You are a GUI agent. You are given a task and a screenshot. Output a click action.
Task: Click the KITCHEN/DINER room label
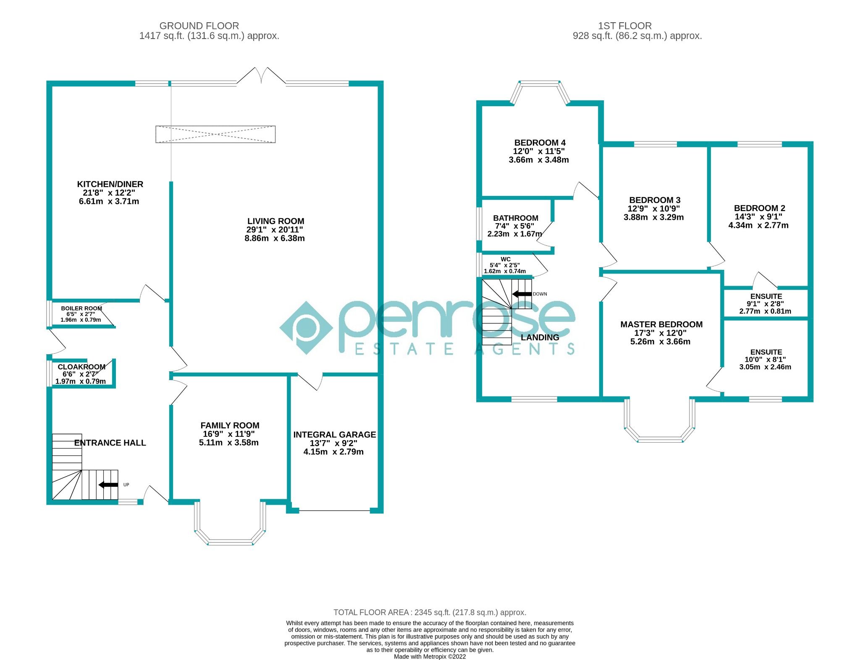110,184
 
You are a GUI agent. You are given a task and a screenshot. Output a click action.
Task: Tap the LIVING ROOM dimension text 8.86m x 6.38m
275,238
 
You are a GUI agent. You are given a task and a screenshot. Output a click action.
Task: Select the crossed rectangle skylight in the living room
215,134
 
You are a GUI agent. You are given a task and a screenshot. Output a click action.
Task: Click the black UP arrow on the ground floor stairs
108,485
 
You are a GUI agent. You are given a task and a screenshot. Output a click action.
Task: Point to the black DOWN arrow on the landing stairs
522,294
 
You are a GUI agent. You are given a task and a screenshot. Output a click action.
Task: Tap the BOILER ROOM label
81,308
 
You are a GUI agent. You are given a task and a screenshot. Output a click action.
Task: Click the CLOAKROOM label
81,367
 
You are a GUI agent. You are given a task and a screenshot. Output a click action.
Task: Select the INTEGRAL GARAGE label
334,435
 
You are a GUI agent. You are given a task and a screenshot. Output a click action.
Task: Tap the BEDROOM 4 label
540,143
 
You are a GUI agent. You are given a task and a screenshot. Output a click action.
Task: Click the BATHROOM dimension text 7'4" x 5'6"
514,226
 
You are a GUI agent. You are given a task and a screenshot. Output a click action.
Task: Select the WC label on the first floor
506,259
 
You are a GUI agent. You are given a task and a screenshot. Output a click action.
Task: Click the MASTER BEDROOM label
661,324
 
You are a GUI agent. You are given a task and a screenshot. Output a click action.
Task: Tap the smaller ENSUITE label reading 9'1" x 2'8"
766,297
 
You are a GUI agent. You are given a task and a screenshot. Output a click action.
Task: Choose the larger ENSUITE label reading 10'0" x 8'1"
766,352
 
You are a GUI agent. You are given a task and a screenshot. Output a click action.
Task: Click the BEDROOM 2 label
759,208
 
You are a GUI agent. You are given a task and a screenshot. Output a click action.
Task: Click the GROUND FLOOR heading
199,26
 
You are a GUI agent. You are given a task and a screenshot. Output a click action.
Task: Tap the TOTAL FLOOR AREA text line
430,613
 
